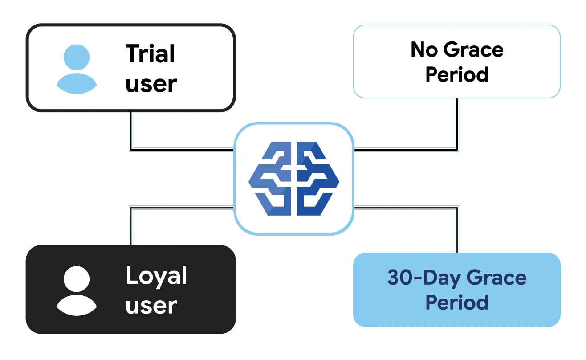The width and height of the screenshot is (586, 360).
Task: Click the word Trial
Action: [x=150, y=53]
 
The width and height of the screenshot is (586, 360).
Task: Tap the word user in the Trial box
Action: [x=151, y=84]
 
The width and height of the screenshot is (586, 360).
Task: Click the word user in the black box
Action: [x=151, y=306]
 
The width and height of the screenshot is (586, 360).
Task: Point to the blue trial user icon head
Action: [x=77, y=57]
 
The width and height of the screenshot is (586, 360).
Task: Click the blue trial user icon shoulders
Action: [x=77, y=83]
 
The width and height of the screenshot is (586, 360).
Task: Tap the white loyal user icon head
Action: [x=77, y=279]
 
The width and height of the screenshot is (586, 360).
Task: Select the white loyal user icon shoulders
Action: [x=77, y=305]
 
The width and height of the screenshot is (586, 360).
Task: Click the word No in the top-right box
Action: [x=424, y=49]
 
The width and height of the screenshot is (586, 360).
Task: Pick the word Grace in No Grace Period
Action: [x=473, y=49]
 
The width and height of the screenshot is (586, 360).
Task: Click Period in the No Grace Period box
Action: [x=457, y=74]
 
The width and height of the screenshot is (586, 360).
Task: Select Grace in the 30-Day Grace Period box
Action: [x=496, y=278]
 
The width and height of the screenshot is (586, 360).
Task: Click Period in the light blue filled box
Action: [x=457, y=303]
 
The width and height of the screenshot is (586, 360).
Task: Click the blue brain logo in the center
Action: [x=294, y=179]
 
